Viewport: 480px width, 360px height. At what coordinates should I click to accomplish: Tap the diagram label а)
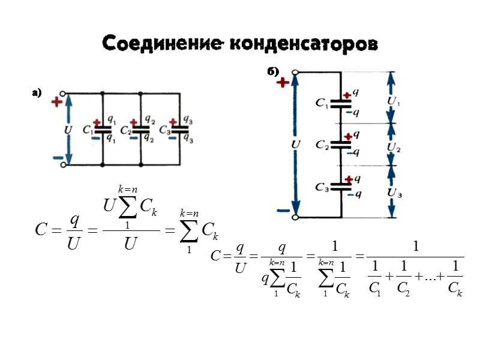coord(37,93)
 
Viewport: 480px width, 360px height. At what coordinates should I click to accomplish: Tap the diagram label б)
coord(273,72)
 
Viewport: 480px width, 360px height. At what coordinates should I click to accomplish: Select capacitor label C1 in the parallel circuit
coord(88,130)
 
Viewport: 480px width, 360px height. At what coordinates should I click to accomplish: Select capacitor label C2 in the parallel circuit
coord(126,130)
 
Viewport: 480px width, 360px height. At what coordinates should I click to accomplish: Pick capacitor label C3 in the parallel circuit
coord(165,130)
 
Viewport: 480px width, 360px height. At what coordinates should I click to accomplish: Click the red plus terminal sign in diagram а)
coord(57,101)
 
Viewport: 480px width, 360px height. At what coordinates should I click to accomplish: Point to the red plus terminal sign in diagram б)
coord(282,83)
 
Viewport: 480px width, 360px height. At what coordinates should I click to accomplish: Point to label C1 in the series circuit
coord(322,103)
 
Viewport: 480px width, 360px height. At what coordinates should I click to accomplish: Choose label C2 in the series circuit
coord(322,145)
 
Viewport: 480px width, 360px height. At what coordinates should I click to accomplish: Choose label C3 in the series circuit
coord(322,187)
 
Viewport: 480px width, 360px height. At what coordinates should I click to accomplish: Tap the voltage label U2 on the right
coord(394,146)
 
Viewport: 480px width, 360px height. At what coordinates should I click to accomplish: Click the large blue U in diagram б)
coord(295,145)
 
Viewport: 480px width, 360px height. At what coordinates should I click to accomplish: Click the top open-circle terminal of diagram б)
coord(295,73)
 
